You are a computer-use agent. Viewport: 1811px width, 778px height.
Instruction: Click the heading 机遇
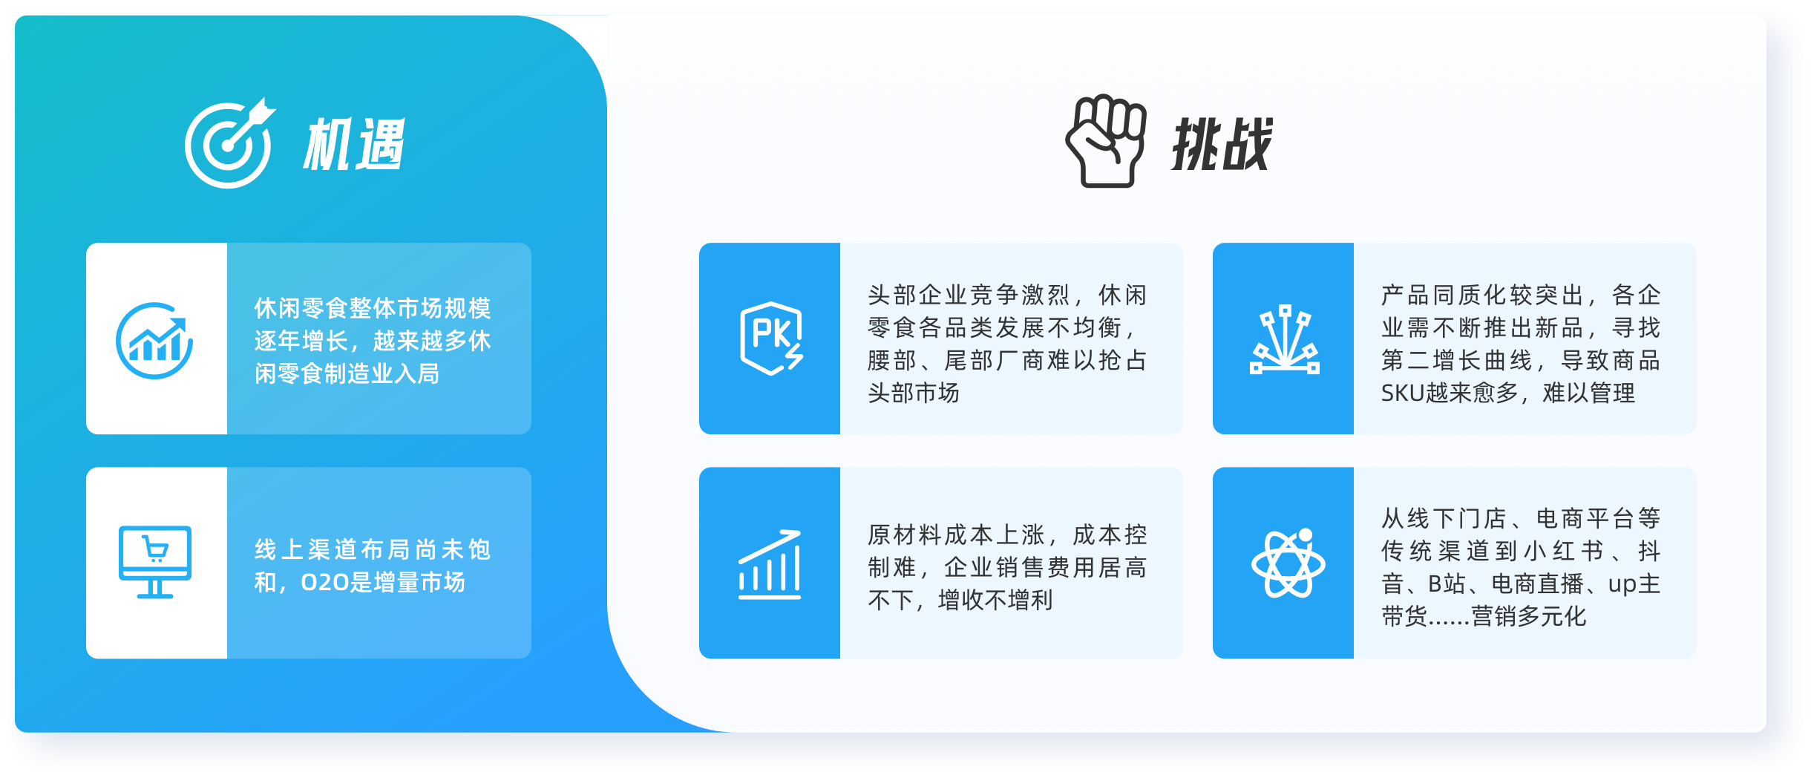tap(353, 144)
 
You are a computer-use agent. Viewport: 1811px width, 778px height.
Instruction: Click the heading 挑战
tap(1222, 144)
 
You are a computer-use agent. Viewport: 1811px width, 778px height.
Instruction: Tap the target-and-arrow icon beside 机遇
tap(229, 143)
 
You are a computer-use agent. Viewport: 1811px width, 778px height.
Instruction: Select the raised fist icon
tap(1105, 141)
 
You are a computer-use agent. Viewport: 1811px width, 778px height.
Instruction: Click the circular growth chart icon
tap(154, 341)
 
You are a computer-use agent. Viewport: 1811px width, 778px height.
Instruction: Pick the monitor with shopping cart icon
tap(155, 562)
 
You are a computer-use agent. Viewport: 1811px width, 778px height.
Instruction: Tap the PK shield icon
tap(771, 338)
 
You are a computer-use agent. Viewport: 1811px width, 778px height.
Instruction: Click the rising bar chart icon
tap(770, 564)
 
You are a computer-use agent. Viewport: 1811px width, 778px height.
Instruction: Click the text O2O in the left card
tap(325, 583)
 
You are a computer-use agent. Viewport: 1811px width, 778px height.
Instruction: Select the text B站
tap(1447, 583)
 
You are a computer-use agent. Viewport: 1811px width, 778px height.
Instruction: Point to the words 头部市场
tap(914, 393)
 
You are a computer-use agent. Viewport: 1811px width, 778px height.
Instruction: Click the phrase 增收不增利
tap(995, 600)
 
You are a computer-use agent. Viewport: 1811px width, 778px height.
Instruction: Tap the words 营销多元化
tap(1529, 616)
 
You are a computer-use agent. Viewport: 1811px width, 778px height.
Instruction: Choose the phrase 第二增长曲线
tap(1457, 360)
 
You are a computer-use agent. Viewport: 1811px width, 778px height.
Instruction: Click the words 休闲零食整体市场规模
tap(373, 308)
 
